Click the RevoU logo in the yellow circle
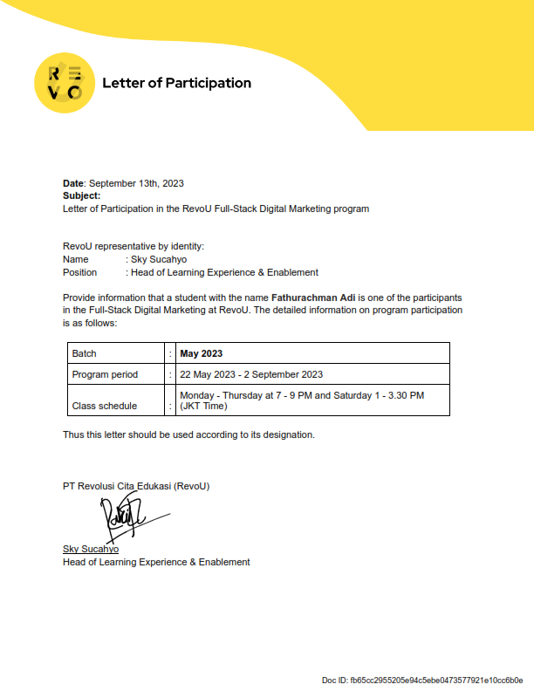(x=64, y=83)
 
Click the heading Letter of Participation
(x=176, y=84)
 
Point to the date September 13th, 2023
(x=136, y=183)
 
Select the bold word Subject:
(x=82, y=196)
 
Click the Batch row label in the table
(x=85, y=353)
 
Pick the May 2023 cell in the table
(x=202, y=353)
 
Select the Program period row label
(x=105, y=374)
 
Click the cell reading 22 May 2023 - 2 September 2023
(x=251, y=374)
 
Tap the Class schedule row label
(x=105, y=406)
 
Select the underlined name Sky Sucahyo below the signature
(x=91, y=549)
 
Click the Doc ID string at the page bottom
(x=422, y=679)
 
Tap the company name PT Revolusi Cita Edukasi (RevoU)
(x=136, y=486)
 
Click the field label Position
(x=80, y=272)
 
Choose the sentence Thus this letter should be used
(x=188, y=434)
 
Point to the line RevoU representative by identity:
(x=133, y=246)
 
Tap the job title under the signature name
(x=156, y=562)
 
